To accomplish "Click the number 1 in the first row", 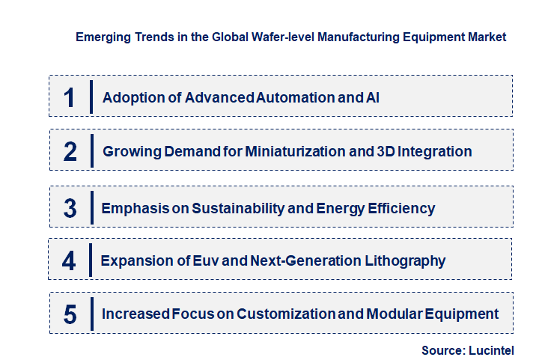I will tap(70, 97).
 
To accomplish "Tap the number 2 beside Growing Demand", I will tap(70, 152).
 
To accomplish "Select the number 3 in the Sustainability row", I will tap(70, 208).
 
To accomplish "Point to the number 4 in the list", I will tap(69, 261).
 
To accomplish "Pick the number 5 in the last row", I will tap(70, 314).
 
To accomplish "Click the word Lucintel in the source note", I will tap(493, 350).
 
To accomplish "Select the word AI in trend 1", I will tap(372, 97).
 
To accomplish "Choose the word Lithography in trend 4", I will tap(404, 261).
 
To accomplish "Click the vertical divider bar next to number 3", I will tap(91, 207).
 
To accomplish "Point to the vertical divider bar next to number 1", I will tap(91, 97).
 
